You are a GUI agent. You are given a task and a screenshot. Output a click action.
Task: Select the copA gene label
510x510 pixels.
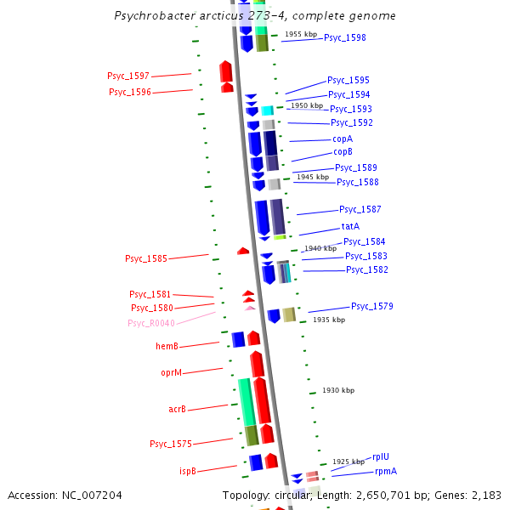click(x=343, y=139)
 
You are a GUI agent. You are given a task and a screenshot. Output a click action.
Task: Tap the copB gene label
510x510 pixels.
click(x=343, y=152)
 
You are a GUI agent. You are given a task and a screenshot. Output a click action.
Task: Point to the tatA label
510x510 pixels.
click(x=350, y=226)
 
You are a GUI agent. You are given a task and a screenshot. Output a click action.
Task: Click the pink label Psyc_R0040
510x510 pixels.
click(x=151, y=323)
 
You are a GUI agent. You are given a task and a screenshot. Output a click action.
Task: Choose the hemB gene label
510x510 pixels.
click(x=167, y=346)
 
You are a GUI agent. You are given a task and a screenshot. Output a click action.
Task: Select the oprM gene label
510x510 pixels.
click(x=172, y=372)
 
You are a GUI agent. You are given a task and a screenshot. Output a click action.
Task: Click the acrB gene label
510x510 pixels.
click(x=177, y=410)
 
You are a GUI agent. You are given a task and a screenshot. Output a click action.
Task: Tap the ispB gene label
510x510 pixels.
click(x=187, y=470)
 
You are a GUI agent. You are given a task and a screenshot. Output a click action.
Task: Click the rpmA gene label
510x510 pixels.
click(x=386, y=471)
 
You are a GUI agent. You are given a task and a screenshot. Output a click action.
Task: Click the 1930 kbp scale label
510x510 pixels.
click(x=338, y=390)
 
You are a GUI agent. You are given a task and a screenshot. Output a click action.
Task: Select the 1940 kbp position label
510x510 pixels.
click(x=320, y=248)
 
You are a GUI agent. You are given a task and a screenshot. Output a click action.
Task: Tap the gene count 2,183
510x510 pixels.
click(x=486, y=495)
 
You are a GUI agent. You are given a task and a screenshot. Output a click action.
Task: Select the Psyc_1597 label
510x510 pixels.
click(x=128, y=76)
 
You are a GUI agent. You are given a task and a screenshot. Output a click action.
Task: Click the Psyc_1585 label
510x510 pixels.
click(x=146, y=258)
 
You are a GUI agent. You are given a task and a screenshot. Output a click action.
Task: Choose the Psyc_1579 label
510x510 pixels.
click(x=372, y=306)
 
